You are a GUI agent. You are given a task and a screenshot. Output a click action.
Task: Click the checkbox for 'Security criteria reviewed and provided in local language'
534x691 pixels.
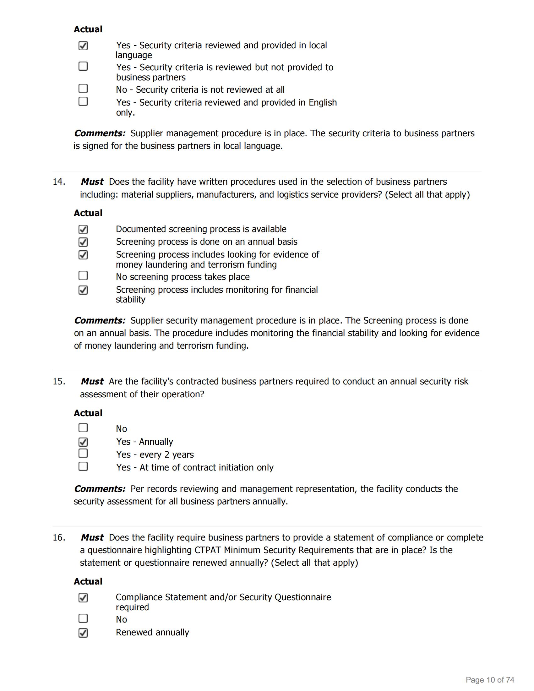pos(83,46)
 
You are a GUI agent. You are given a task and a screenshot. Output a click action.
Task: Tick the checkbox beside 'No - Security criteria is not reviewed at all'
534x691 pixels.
pos(83,88)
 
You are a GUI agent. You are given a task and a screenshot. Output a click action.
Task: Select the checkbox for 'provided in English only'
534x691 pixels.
pos(83,101)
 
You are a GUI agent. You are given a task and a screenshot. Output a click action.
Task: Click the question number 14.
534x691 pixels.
pos(59,182)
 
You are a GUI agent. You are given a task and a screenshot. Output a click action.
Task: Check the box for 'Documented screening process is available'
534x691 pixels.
pos(83,229)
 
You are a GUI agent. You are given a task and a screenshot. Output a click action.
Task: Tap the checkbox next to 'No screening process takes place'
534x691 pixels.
pos(83,275)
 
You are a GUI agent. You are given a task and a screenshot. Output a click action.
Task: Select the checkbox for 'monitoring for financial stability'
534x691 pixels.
pos(83,290)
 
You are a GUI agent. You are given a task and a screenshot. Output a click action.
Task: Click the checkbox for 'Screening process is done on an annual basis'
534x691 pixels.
pos(83,242)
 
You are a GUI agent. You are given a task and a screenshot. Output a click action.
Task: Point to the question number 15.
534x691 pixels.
pos(59,381)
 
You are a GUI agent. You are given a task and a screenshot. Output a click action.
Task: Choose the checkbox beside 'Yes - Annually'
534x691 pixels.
pos(83,442)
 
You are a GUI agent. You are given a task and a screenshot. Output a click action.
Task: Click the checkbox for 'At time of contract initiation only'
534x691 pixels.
pos(83,466)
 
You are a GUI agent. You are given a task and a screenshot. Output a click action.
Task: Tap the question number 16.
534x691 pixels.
pos(59,537)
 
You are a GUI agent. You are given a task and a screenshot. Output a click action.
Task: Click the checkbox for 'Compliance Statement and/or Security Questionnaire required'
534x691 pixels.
pos(83,597)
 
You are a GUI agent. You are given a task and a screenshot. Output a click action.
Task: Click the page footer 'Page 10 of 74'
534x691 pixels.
pos(490,680)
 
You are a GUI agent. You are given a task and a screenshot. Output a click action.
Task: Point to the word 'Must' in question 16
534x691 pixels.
pos(92,537)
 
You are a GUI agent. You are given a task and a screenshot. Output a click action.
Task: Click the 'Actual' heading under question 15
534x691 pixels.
pos(88,413)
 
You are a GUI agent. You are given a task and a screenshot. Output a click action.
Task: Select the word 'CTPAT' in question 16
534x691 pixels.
pos(208,550)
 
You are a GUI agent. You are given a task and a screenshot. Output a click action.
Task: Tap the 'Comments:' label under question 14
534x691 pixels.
pos(100,320)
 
